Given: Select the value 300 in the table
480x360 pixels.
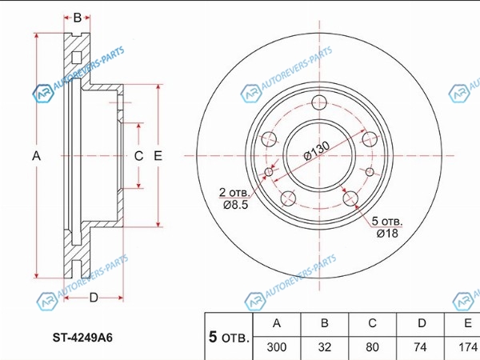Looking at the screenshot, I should [277, 347].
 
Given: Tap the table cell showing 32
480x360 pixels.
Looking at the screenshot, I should [324, 347].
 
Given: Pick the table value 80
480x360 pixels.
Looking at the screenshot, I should [372, 347].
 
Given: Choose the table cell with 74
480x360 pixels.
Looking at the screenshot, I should [420, 347].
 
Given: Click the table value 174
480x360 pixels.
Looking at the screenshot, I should [466, 347].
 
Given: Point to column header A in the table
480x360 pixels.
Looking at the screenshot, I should [277, 324].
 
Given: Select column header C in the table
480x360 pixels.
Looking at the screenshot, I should [372, 324].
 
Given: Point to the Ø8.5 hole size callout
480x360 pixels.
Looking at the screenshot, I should [234, 206].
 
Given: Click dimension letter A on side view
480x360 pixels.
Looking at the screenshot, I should [36, 157].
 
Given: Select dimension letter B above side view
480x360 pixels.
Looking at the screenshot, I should [78, 18].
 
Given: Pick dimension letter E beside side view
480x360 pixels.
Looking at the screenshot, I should [158, 156].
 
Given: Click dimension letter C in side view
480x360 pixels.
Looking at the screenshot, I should [138, 156].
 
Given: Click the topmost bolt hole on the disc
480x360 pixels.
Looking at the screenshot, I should [320, 102].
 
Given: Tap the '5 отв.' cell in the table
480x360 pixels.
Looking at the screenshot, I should [228, 337].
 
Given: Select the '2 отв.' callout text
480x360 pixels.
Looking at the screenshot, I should [234, 192].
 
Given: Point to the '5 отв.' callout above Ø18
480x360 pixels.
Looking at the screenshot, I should [387, 220].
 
